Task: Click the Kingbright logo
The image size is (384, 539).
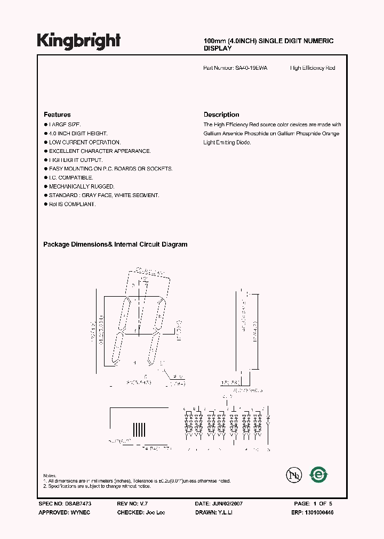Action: point(78,40)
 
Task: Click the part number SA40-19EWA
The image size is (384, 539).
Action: point(251,68)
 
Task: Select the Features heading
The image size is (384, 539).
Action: point(57,115)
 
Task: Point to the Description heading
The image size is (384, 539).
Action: point(221,115)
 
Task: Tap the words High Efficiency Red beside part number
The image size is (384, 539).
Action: point(313,68)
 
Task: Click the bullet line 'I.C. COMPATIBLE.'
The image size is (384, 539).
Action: point(71,177)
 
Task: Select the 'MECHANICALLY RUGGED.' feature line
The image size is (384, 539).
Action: point(82,186)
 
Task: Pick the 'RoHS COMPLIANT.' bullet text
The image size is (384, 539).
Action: point(72,204)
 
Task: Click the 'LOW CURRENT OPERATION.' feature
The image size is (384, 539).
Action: point(85,142)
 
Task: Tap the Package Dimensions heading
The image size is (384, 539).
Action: point(115,244)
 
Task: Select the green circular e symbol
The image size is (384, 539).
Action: point(319,475)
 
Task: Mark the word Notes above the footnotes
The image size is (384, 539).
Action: point(50,475)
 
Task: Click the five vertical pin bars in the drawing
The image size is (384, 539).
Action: point(139,429)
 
